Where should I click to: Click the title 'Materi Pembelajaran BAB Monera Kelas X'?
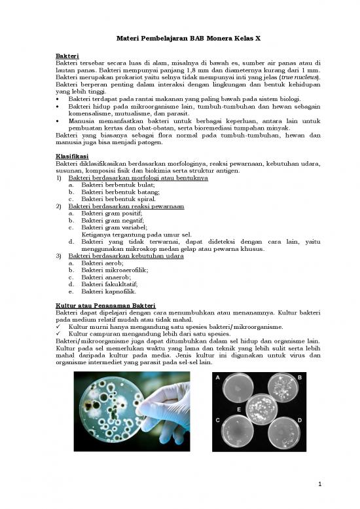tap(179, 41)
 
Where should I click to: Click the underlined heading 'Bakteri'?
tap(67, 56)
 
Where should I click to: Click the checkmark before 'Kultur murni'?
tap(60, 326)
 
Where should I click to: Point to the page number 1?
tap(319, 484)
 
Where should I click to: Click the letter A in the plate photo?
tap(217, 378)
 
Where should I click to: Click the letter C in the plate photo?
tap(217, 420)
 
